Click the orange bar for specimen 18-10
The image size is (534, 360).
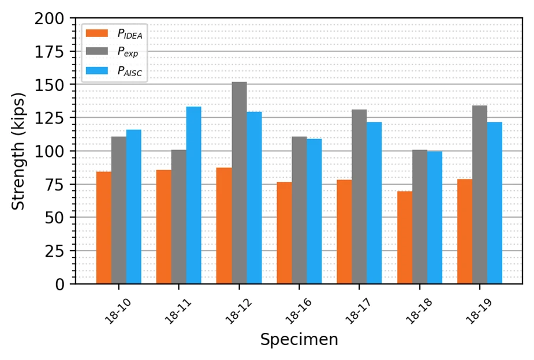tap(104, 228)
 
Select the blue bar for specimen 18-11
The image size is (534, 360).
tap(194, 196)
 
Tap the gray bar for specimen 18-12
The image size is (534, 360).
tap(240, 183)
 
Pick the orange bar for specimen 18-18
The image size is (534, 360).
tap(405, 238)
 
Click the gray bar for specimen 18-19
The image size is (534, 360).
tap(480, 194)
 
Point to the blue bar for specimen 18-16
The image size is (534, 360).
tap(314, 211)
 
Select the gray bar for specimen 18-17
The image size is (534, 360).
tap(359, 197)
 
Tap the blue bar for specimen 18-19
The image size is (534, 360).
tap(495, 203)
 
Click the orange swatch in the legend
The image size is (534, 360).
tap(97, 33)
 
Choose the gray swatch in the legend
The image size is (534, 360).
tap(97, 51)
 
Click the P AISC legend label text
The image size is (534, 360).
tap(130, 71)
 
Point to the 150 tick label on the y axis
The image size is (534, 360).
tap(50, 85)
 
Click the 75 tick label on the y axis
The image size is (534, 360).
tap(54, 185)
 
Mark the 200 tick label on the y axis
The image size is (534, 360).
tap(50, 18)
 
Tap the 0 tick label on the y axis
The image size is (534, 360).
tap(59, 284)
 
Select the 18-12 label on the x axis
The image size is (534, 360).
tap(238, 310)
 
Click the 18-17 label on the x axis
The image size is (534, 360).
tap(359, 310)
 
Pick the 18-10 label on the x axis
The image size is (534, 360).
tap(118, 310)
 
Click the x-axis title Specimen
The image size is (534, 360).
tap(299, 340)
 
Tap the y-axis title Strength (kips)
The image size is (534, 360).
tap(18, 151)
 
